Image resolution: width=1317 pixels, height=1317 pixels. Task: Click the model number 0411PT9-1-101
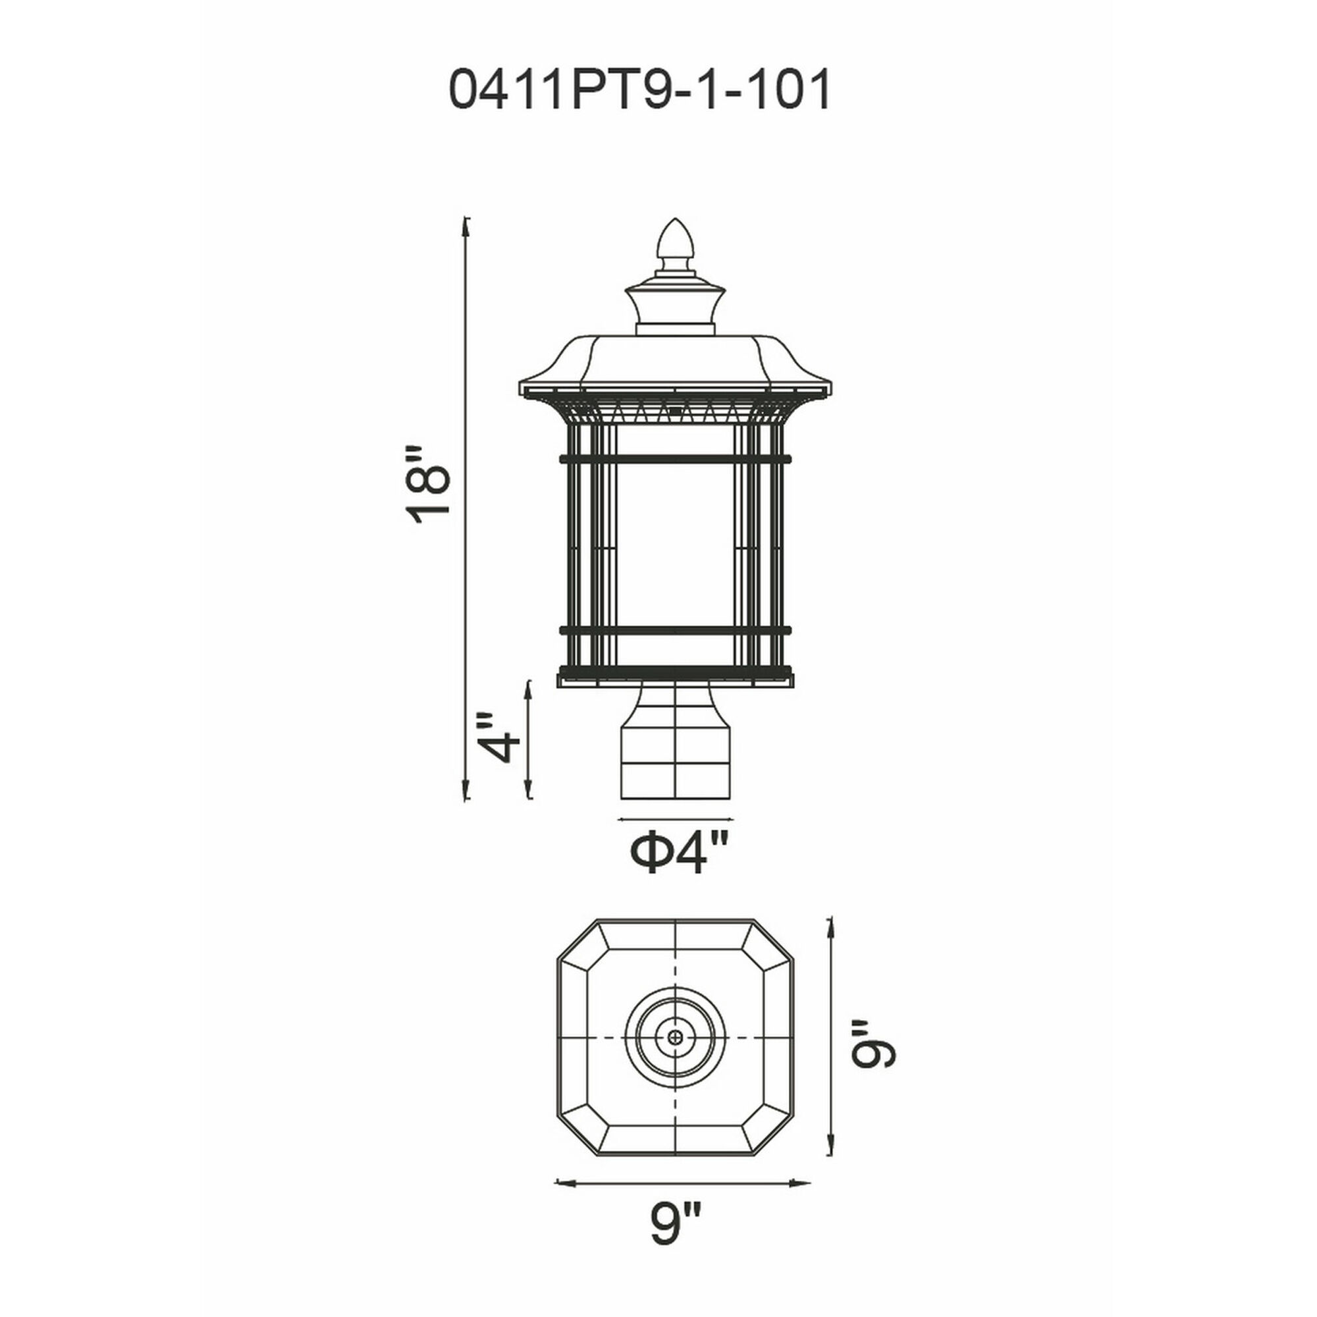click(x=639, y=90)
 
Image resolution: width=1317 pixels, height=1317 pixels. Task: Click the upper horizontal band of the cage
click(x=675, y=459)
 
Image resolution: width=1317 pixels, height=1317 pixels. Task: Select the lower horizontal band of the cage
click(x=675, y=631)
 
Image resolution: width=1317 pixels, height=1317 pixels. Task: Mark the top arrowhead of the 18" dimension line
click(x=467, y=222)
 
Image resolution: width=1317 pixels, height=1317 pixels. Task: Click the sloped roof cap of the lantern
click(x=675, y=365)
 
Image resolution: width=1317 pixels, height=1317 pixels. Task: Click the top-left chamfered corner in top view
click(x=579, y=943)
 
